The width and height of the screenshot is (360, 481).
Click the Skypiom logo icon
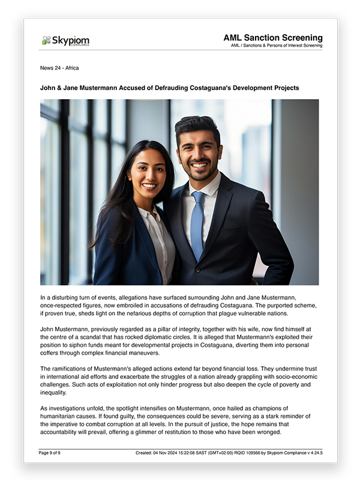(x=46, y=41)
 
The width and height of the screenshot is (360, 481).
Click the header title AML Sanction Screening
(x=272, y=37)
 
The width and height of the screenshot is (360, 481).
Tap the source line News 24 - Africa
(x=59, y=68)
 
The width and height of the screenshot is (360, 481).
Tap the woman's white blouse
(x=157, y=240)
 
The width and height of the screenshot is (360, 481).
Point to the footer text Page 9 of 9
(x=50, y=453)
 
